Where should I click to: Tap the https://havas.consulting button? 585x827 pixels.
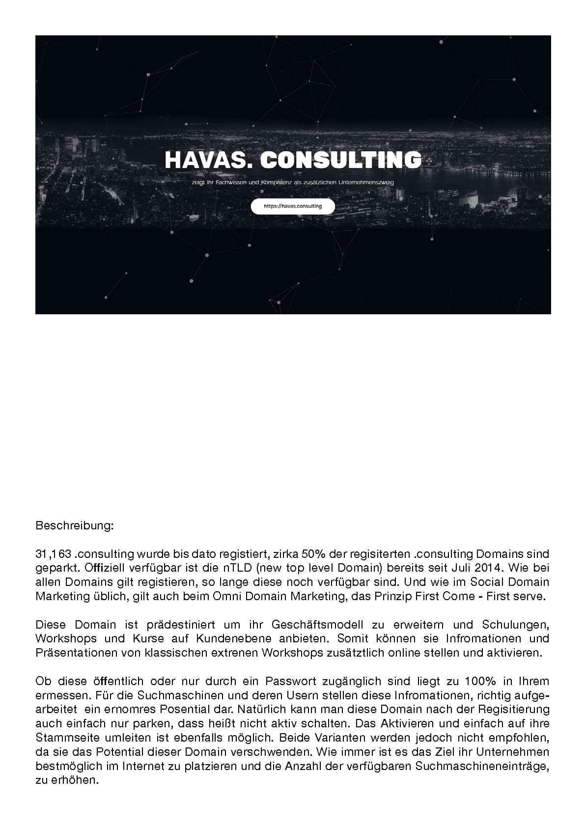click(293, 206)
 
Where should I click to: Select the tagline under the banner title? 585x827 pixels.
click(293, 182)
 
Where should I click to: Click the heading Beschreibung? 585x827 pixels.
click(75, 525)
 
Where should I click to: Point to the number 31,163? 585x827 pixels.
click(54, 554)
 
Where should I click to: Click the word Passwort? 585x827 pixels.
click(291, 682)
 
